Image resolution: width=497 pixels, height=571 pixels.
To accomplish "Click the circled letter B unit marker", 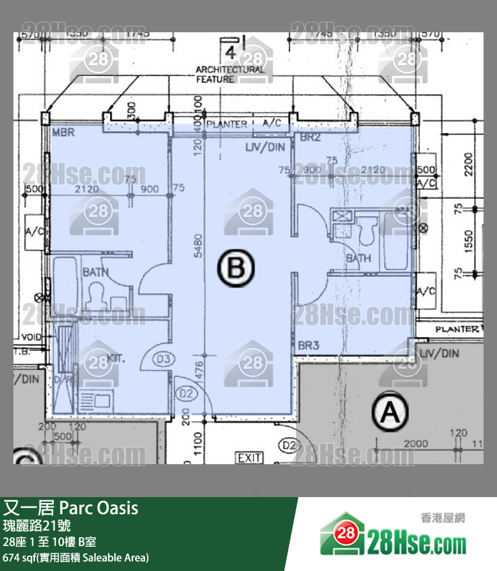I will (236, 269).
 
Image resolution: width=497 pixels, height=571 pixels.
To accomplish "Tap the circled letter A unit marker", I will (390, 412).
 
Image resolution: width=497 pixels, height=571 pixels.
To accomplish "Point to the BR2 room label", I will (310, 138).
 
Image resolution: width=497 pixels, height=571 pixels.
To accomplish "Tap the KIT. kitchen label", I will (116, 359).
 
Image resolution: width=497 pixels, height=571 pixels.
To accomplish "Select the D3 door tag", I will (163, 359).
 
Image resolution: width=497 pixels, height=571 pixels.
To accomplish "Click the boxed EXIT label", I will (248, 458).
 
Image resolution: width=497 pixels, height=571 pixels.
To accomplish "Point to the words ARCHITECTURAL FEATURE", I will (230, 74).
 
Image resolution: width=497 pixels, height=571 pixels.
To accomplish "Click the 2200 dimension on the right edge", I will (468, 163).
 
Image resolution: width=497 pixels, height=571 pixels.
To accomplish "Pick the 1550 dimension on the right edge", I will (468, 239).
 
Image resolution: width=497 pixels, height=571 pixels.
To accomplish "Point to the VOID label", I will (32, 337).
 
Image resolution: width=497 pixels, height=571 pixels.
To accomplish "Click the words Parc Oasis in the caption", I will (99, 508).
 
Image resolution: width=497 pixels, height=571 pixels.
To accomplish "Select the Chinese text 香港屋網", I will (443, 518).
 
